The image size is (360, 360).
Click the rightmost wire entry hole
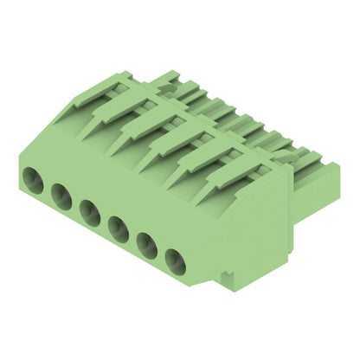[176, 260]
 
